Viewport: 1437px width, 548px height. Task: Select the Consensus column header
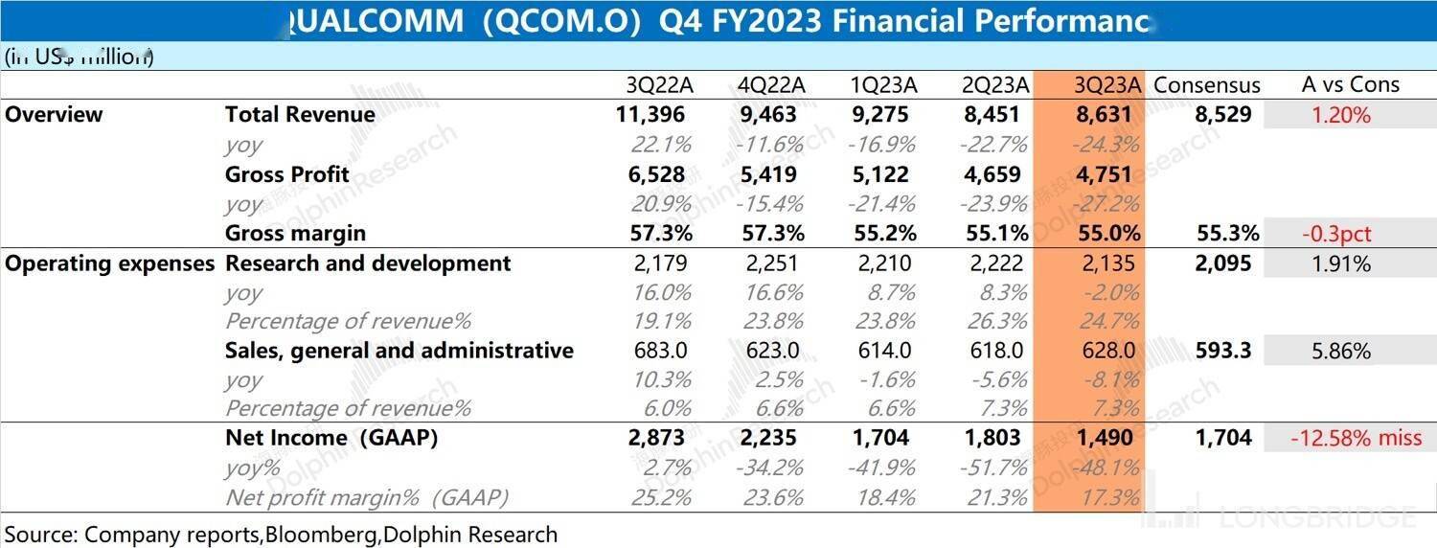click(x=1206, y=85)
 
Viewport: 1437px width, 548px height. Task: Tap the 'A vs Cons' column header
click(x=1350, y=84)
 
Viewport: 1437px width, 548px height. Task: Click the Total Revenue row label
click(x=300, y=115)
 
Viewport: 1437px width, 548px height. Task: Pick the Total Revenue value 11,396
click(x=651, y=115)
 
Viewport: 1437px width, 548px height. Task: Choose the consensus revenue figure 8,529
click(x=1222, y=115)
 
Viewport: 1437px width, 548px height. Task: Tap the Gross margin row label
click(x=295, y=233)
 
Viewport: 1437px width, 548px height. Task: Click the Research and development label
click(x=368, y=263)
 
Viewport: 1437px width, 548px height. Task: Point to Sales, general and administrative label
click(x=399, y=351)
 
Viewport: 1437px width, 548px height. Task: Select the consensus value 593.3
click(x=1223, y=351)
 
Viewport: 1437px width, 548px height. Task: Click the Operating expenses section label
click(x=109, y=263)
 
